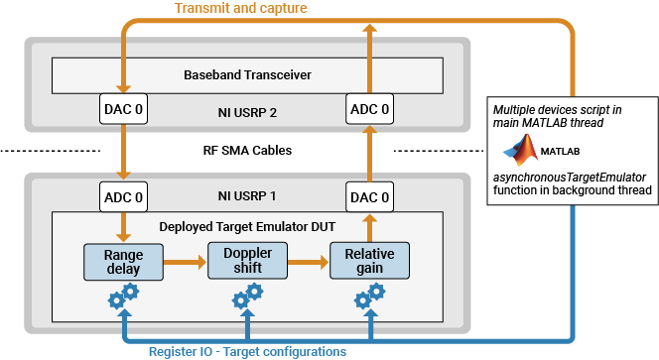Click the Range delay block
(x=124, y=262)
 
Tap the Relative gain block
(x=368, y=262)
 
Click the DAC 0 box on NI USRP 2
(x=124, y=108)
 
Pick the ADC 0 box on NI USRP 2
(x=368, y=108)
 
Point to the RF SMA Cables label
(x=246, y=151)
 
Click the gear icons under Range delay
(x=124, y=295)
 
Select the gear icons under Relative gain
(x=368, y=295)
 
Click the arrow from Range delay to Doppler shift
(x=185, y=263)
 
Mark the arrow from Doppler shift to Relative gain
(x=307, y=263)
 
